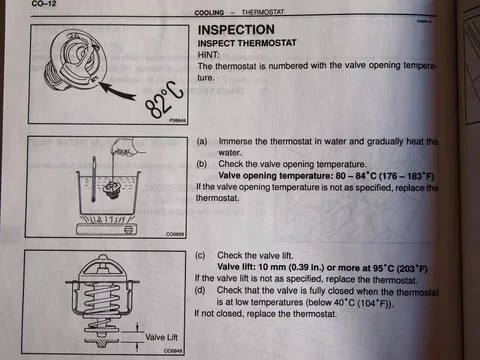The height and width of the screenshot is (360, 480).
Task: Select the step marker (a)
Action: (x=203, y=143)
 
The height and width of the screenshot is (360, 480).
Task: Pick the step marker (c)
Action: (x=203, y=256)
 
